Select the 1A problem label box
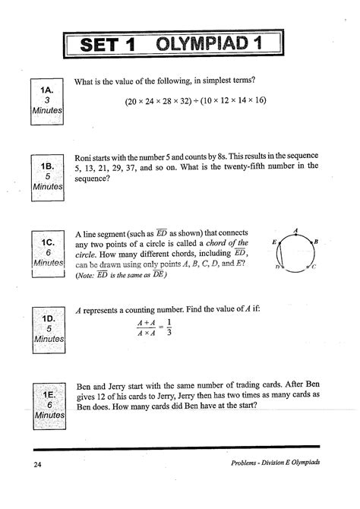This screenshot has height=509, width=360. click(47, 100)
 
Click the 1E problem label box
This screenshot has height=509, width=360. click(47, 406)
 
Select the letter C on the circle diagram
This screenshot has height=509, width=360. click(312, 267)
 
